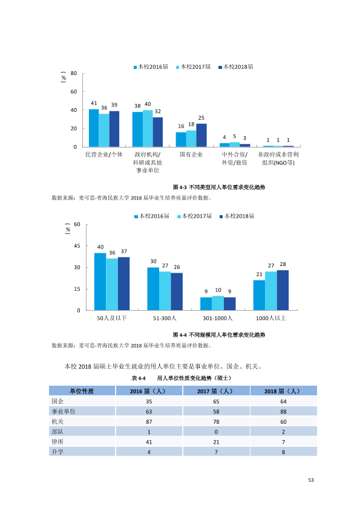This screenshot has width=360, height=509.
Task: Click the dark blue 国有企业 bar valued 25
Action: coord(201,135)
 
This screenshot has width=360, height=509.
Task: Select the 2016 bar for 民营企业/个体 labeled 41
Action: coord(94,128)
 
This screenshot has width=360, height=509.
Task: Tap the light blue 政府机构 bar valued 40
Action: coord(148,128)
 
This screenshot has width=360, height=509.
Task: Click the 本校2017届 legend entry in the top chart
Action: coord(194,67)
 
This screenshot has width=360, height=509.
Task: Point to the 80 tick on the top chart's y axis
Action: coord(74,73)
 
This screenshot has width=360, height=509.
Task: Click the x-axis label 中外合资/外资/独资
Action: coord(234,158)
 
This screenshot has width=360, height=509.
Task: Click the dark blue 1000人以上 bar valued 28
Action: coord(283,290)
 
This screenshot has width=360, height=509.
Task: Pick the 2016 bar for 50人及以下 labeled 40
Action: coord(100,282)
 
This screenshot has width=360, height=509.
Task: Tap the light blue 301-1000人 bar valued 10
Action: coord(218,303)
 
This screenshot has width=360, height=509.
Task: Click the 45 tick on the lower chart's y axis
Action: coord(77,246)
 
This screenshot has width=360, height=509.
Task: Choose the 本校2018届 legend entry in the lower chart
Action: coord(237,216)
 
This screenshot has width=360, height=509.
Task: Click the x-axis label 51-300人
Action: coord(165,318)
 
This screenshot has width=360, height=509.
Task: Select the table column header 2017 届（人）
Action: coord(217,391)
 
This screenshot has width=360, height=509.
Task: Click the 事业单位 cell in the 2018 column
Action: coord(283,412)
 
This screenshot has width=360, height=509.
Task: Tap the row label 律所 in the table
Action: coord(57,442)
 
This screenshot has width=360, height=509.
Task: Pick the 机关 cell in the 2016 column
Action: coord(149,422)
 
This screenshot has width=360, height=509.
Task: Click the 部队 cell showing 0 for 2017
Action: coord(217,432)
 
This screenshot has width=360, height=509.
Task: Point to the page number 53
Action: coord(311,480)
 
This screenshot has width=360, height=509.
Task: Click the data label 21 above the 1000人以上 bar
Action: coord(259,274)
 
